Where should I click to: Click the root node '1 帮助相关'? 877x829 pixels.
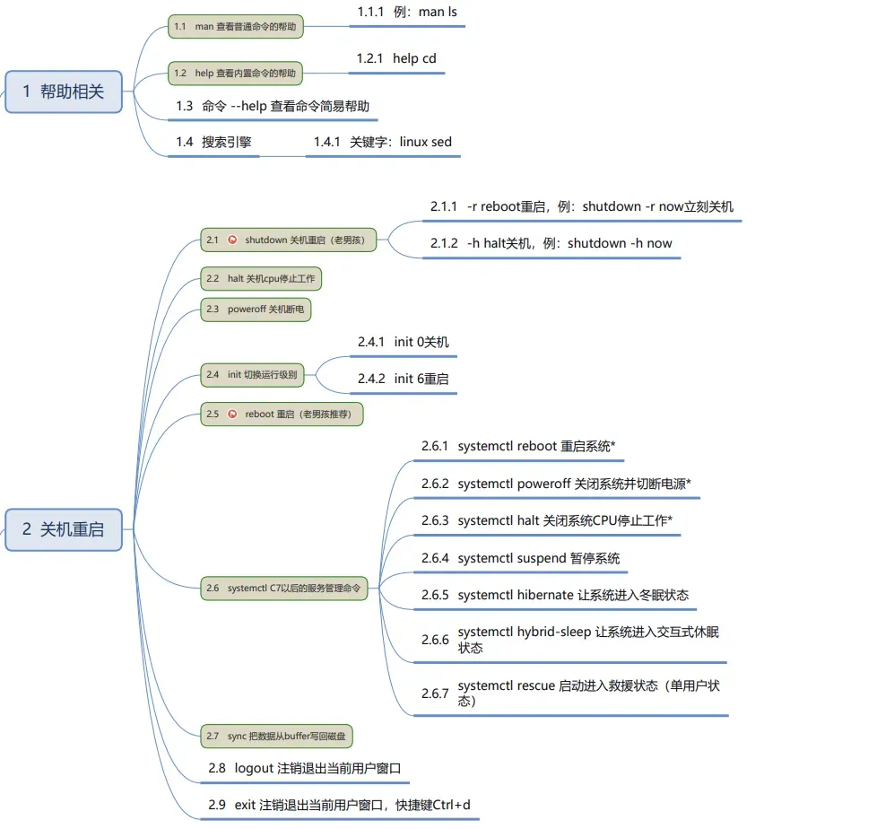[x=63, y=92]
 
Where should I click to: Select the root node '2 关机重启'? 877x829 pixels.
[x=63, y=529]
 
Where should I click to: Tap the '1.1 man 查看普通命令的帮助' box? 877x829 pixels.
[x=236, y=27]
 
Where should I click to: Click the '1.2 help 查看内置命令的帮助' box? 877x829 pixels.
[x=236, y=73]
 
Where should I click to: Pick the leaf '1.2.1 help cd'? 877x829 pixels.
[x=396, y=58]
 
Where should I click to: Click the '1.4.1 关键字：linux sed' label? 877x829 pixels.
[x=383, y=142]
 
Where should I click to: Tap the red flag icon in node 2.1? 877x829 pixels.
[x=233, y=240]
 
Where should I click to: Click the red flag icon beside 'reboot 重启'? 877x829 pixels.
[x=233, y=414]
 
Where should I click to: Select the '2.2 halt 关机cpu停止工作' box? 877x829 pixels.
[x=260, y=279]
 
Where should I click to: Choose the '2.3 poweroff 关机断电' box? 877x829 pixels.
[x=256, y=309]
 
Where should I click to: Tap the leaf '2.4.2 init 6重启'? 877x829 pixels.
[x=404, y=379]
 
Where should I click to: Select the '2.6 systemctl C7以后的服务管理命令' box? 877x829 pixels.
[x=283, y=589]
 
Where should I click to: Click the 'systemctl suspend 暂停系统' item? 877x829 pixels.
[x=538, y=558]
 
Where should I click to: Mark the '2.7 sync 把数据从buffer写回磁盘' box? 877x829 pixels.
[x=277, y=737]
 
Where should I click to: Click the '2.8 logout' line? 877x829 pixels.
[x=304, y=768]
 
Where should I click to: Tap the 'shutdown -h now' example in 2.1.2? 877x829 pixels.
[x=620, y=243]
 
